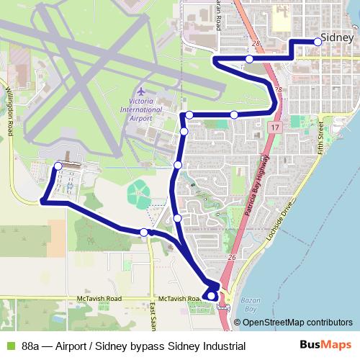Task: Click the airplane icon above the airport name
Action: [140, 93]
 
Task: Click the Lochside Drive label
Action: [281, 220]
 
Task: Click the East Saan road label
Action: [153, 314]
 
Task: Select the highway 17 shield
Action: [273, 127]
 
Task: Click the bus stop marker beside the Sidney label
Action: [318, 42]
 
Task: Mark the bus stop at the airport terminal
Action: [58, 167]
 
